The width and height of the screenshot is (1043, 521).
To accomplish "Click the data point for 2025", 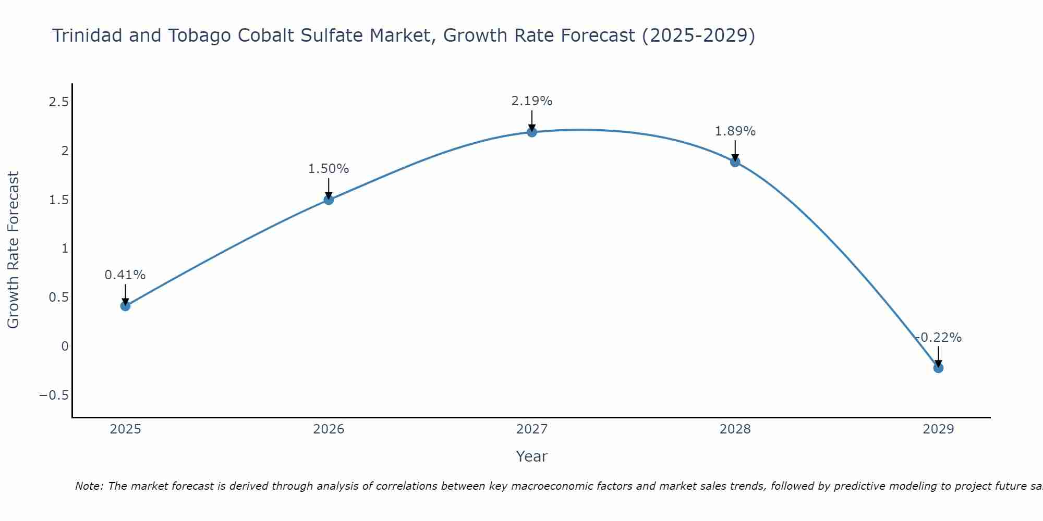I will coord(125,306).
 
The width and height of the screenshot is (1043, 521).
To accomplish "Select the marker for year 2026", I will coord(329,200).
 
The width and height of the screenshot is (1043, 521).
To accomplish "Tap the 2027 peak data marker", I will coord(532,132).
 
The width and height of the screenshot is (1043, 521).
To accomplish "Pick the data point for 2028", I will coord(735,162).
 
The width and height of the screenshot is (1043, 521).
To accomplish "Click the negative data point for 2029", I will coord(938,368).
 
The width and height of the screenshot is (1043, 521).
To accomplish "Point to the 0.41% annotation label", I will coord(125,275).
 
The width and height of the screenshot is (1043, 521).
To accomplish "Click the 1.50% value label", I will coord(329,169).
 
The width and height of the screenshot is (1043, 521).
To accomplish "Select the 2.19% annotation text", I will coord(532,101).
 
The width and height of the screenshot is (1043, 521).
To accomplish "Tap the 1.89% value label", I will coord(735,131).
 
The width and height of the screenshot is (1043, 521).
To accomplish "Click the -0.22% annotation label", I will coord(938,338).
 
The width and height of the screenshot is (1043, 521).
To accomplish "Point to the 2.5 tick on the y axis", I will coord(58,102).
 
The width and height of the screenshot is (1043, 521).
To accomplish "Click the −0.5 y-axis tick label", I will coord(54,395).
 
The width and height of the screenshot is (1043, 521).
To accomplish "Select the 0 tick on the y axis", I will coord(65,346).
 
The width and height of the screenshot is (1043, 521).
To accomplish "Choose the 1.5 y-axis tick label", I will coord(58,200).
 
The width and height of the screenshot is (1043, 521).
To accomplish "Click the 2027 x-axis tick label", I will coord(532,429).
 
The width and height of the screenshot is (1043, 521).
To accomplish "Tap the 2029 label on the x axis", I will coord(938,429).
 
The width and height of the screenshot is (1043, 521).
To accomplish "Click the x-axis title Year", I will coord(532,456).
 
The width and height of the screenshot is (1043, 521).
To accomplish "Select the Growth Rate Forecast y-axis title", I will coord(14,250).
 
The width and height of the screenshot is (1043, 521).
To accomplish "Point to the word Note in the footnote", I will coord(89,486).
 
